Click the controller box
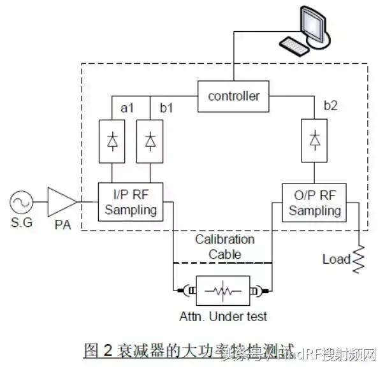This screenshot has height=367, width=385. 234,96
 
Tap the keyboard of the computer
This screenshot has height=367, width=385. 296,46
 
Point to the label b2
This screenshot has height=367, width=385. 331,106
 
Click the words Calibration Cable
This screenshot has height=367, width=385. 224,247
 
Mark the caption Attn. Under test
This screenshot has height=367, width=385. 222,316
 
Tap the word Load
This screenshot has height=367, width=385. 336,259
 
